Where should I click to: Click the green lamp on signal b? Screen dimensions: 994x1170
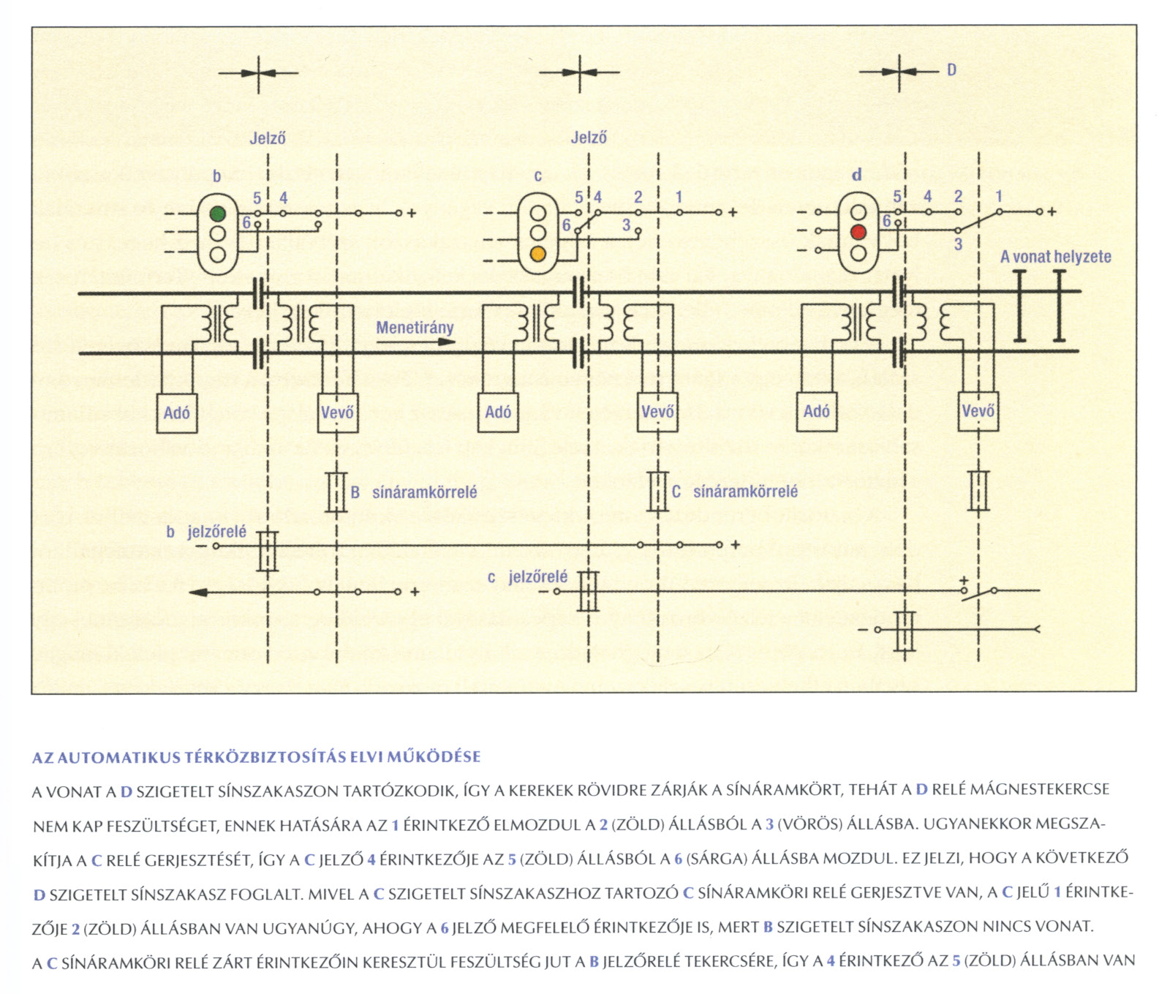217,214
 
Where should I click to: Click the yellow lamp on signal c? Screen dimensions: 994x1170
538,255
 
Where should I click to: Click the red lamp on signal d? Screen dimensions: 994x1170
858,232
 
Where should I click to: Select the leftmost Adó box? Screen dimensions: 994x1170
177,413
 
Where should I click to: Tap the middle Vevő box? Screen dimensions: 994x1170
657,412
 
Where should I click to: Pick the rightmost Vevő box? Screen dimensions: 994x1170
978,411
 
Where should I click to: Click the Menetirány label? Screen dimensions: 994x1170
415,328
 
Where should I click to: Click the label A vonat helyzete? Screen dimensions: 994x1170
1055,257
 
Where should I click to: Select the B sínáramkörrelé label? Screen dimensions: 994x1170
414,492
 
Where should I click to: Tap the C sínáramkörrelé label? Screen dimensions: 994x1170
735,492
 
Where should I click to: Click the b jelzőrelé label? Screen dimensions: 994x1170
206,532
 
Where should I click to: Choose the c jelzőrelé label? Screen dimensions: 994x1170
527,577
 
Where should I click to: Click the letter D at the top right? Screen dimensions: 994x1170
951,70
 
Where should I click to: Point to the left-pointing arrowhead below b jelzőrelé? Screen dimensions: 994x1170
196,592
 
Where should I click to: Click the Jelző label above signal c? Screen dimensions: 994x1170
589,138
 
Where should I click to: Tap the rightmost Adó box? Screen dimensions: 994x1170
817,411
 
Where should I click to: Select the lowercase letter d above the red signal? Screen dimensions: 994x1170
857,175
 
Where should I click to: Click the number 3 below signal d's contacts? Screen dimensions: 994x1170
958,244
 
